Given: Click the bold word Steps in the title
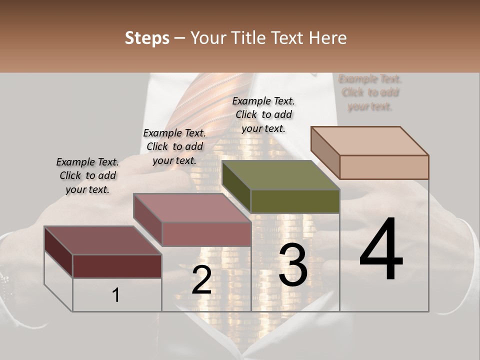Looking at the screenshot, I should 147,38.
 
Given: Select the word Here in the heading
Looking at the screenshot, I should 328,38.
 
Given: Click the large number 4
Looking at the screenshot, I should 381,250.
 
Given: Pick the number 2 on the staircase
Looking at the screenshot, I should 201,280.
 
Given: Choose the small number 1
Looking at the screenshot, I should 115,295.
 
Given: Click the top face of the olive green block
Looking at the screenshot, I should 280,175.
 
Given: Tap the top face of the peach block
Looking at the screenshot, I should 369,140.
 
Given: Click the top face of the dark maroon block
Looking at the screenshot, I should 103,240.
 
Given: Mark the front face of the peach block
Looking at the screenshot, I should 384,167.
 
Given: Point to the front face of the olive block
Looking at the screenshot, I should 295,201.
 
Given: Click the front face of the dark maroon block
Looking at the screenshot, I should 117,266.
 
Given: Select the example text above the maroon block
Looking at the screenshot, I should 87,175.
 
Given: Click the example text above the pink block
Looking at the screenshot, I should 174,146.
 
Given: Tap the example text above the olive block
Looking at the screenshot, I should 263,114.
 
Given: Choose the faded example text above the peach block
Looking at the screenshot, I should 370,92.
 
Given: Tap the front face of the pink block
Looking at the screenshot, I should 206,234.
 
